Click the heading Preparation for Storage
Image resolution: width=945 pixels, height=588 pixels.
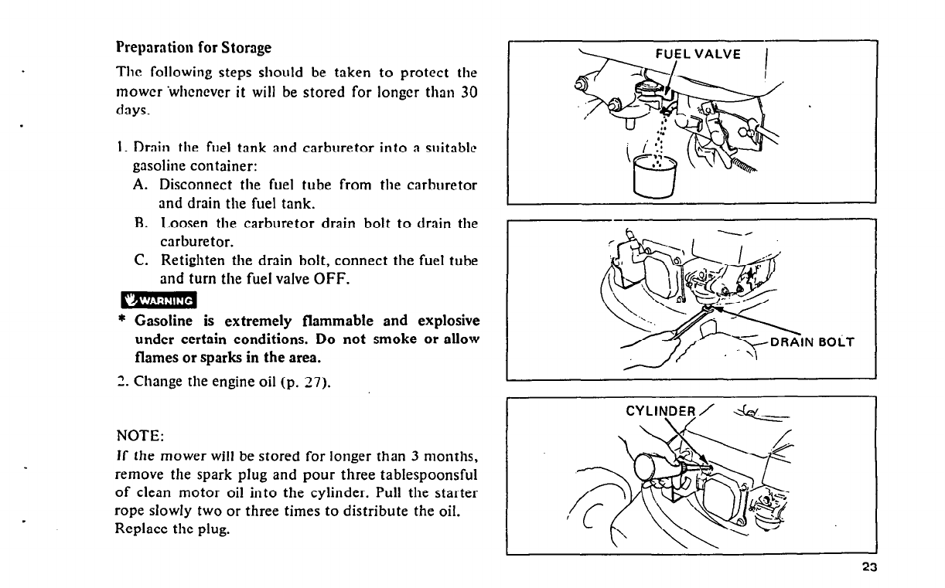coord(193,48)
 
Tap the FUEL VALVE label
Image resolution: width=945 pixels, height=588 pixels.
coord(698,54)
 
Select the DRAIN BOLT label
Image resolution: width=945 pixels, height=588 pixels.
coord(812,343)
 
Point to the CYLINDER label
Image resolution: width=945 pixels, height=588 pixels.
coord(661,411)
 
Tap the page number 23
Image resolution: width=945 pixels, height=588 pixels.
coord(868,568)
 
